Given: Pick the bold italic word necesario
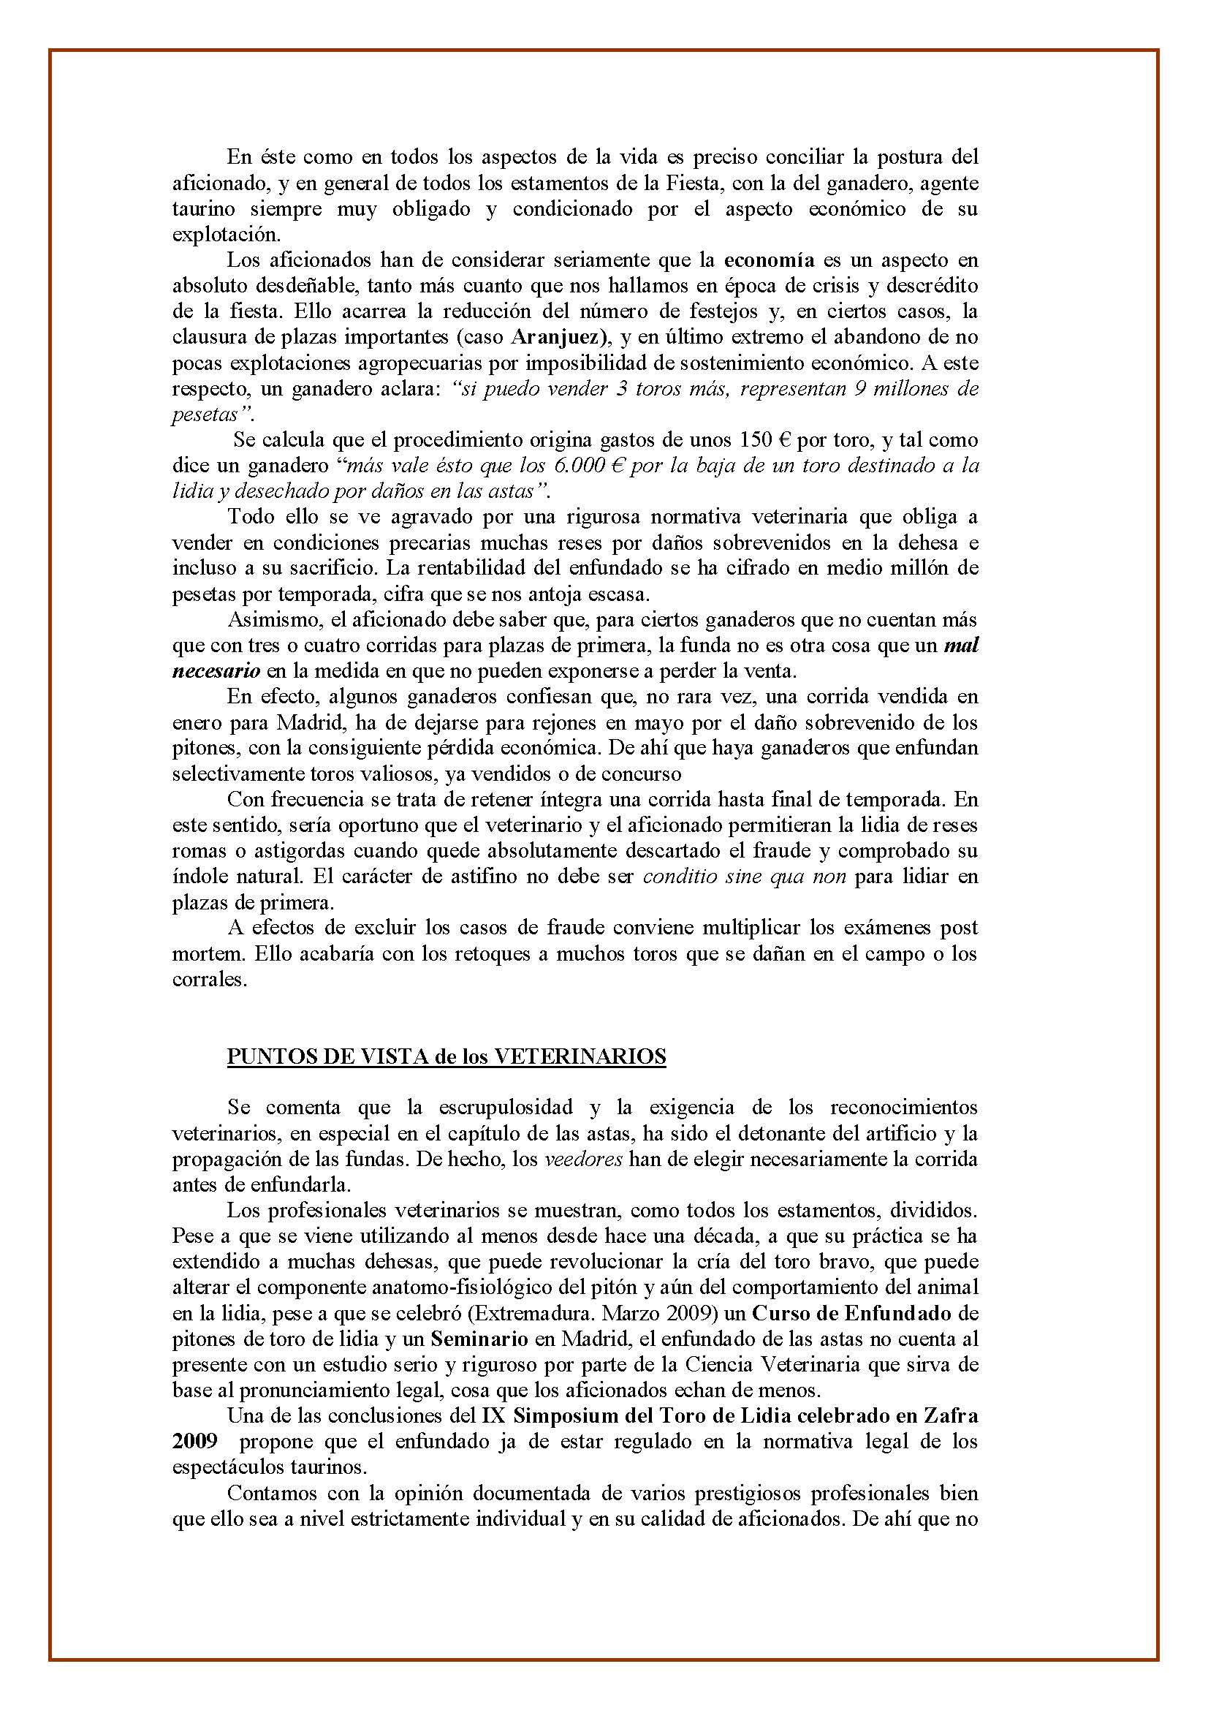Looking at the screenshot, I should point(216,671).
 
